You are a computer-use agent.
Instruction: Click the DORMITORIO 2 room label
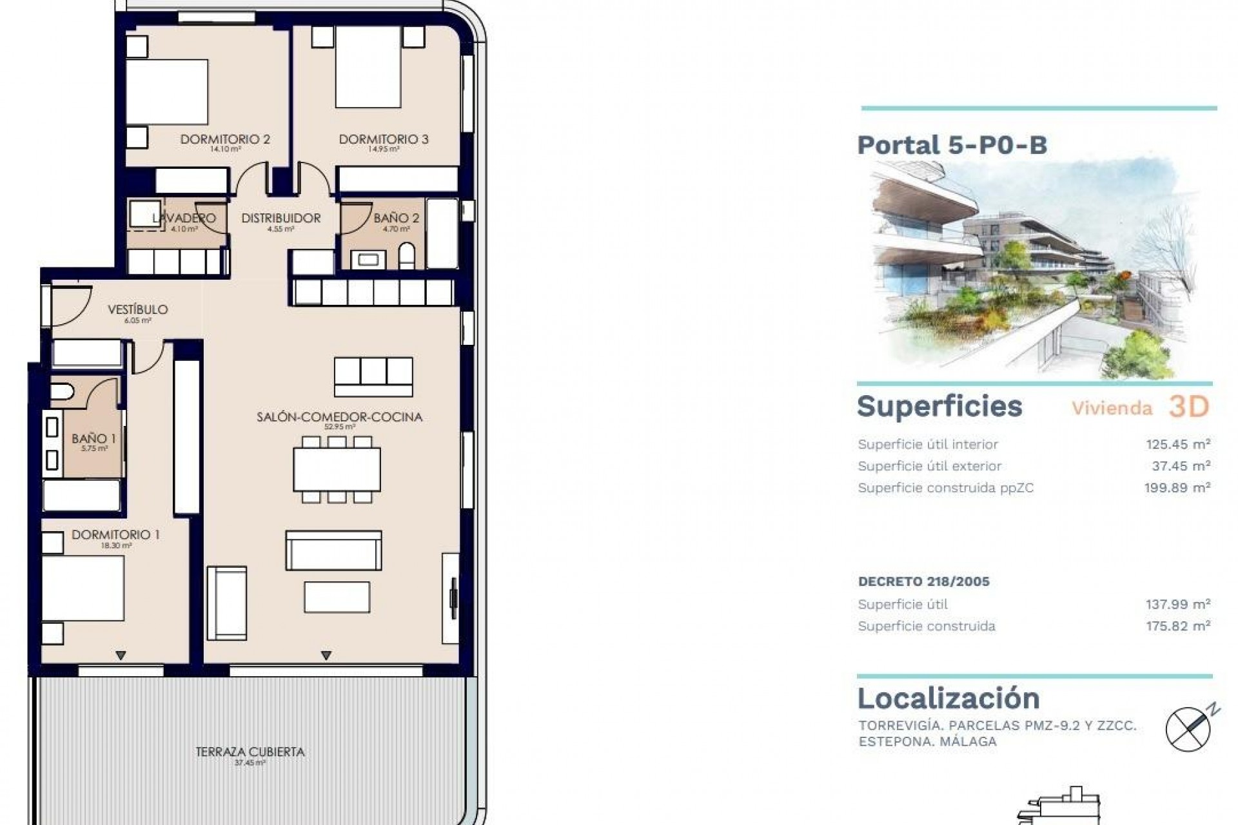(224, 139)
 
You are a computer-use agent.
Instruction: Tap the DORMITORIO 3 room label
(384, 139)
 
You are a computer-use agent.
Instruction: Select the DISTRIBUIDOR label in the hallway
(280, 218)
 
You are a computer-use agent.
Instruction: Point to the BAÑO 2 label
(396, 218)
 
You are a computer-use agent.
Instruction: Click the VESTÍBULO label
(137, 310)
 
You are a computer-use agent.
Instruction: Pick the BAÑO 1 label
(93, 439)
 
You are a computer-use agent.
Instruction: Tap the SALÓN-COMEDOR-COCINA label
(339, 417)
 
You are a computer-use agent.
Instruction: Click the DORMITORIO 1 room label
(115, 535)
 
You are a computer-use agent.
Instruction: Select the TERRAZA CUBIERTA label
(250, 752)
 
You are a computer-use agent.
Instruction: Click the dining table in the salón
(337, 469)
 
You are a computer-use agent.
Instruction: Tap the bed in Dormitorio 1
(83, 588)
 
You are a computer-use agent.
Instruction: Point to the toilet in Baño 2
(407, 256)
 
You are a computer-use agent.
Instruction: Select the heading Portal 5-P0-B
(952, 145)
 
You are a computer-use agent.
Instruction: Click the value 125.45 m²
(1177, 444)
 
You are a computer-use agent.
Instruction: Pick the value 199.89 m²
(1177, 488)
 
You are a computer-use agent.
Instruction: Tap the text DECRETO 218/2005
(923, 581)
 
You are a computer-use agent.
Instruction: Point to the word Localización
(948, 699)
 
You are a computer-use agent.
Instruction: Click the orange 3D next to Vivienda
(1188, 407)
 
